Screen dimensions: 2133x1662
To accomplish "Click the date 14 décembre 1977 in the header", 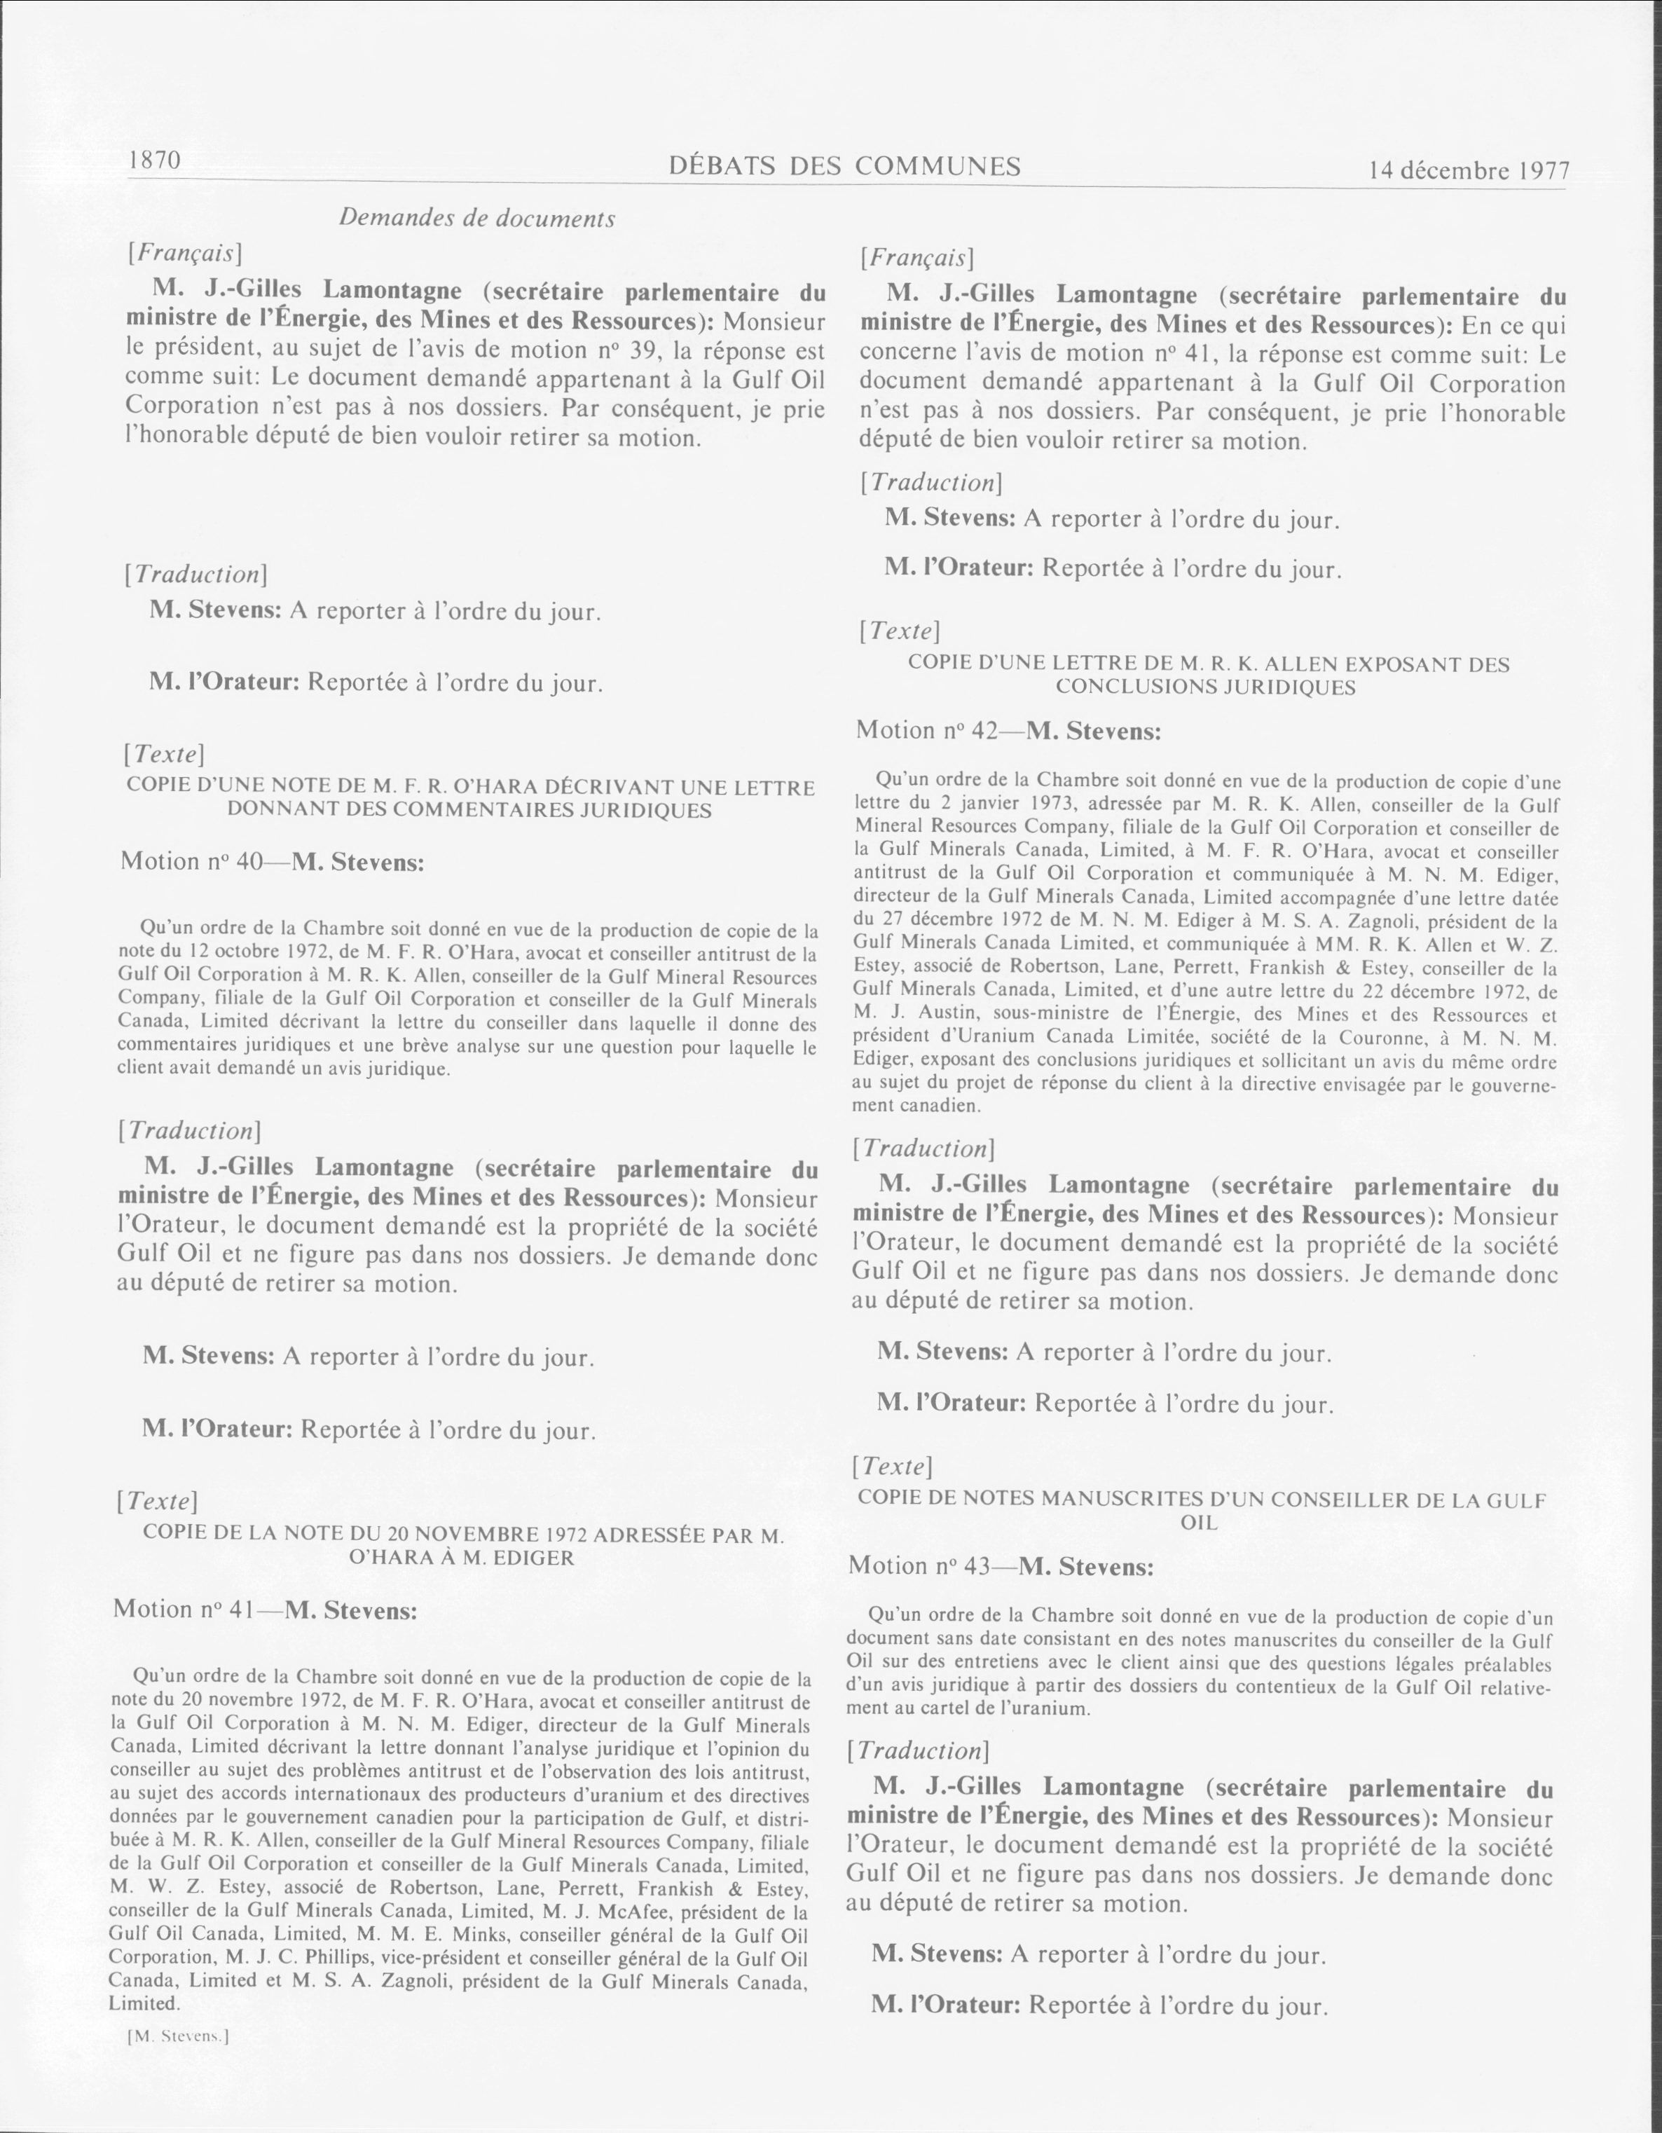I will (1455, 171).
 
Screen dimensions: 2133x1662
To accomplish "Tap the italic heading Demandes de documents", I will (476, 219).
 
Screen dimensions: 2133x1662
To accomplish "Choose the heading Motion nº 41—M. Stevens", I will (265, 1610).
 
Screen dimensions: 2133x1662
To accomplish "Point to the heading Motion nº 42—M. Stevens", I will (1008, 731).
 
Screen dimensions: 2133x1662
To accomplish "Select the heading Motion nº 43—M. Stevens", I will (1001, 1567).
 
